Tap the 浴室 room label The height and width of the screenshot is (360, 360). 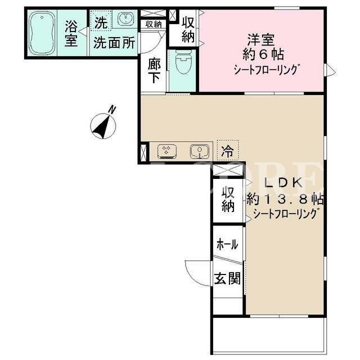[71, 34]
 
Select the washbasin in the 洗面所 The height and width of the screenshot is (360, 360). [125, 19]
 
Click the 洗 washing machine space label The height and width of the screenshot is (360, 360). [101, 22]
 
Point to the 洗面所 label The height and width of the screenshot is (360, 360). [114, 42]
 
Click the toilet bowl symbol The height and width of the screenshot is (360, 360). [183, 62]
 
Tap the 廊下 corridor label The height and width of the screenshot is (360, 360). [154, 70]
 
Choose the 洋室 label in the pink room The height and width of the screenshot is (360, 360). [261, 40]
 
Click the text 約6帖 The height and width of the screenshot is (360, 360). [263, 55]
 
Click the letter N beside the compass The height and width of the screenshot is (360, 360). [112, 110]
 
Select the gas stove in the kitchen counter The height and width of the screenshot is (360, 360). [167, 151]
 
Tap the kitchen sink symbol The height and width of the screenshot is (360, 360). [200, 152]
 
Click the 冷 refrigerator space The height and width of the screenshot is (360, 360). [228, 151]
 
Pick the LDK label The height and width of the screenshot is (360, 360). [283, 183]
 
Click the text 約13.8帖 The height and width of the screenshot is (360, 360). [285, 199]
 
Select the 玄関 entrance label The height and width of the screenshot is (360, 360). [227, 278]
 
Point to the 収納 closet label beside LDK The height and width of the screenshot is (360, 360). [228, 200]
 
